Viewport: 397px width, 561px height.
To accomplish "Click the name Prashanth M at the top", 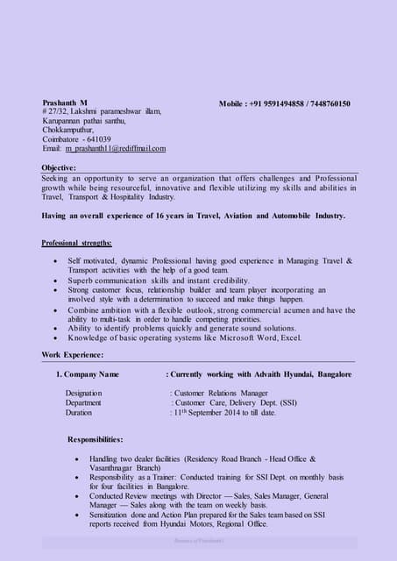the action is click(66, 103).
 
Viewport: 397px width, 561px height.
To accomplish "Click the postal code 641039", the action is click(96, 139).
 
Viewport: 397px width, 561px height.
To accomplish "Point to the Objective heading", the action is click(59, 167).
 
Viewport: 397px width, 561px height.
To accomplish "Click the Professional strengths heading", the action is click(76, 242).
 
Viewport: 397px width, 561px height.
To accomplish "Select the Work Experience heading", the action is click(73, 354).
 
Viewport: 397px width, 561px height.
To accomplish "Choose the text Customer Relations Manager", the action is click(221, 394).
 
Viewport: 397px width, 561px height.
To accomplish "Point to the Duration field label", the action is click(79, 412).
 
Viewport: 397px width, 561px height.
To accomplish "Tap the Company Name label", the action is click(91, 374).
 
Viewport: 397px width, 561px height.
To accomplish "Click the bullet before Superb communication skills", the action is click(57, 280).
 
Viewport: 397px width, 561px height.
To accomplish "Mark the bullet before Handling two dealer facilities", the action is click(80, 459).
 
